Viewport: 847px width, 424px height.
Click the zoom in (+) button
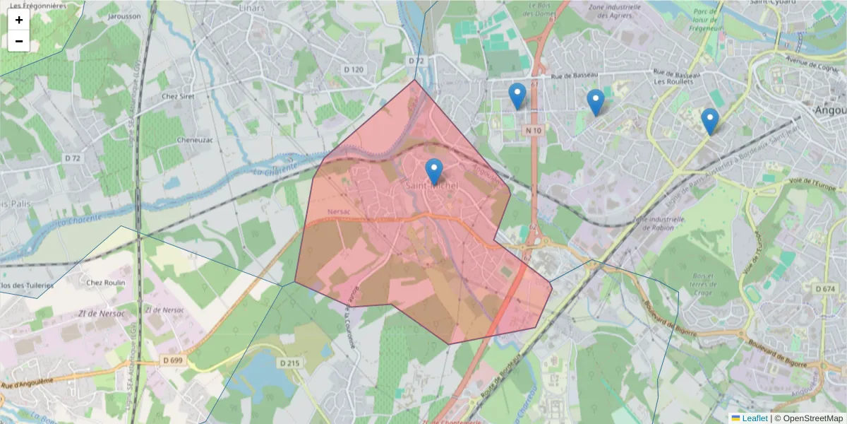(18, 20)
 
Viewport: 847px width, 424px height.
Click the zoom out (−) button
(18, 41)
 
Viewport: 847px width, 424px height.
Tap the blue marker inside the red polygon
(434, 172)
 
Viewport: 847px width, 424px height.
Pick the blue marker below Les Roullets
(596, 102)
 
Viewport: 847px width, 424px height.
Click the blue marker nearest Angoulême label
(710, 121)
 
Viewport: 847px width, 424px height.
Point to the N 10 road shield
(534, 131)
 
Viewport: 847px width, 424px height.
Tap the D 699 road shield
(172, 360)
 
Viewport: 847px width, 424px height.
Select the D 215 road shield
(289, 363)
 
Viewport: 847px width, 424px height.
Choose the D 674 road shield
(824, 288)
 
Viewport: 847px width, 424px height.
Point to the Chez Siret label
(178, 96)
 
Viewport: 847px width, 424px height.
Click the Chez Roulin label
(105, 283)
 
